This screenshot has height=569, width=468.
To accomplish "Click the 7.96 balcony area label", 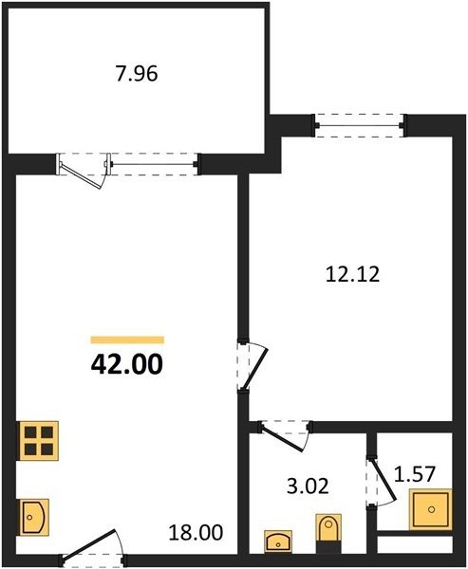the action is pos(137,73).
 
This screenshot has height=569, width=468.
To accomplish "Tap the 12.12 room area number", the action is pos(352,274).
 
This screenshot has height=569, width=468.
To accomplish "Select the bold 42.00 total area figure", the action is pos(127,364).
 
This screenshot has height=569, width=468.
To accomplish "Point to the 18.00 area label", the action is pos(196,532).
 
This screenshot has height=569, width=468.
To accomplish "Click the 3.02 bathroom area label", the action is pos(308,486).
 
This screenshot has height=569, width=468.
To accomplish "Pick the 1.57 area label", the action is pos(415,474).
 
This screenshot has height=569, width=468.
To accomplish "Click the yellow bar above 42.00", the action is pos(127,340).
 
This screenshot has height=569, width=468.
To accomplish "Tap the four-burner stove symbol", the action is pos(39,441).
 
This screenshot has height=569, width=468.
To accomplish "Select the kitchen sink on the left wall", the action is pos(33,517).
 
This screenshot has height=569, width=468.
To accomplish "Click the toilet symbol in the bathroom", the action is pos(328,529).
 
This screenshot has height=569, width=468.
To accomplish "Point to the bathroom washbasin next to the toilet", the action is pos(278,541).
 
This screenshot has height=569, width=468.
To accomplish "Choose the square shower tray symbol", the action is pos(431,509).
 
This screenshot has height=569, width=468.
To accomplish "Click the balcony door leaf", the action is pos(81,176).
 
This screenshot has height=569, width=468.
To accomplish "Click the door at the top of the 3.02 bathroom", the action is pos(282,438).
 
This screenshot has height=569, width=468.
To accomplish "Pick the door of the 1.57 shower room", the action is pos(384,479).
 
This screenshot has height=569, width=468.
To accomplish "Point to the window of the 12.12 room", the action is pos(360,125).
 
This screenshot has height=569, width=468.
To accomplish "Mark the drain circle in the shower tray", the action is pos(431,509).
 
